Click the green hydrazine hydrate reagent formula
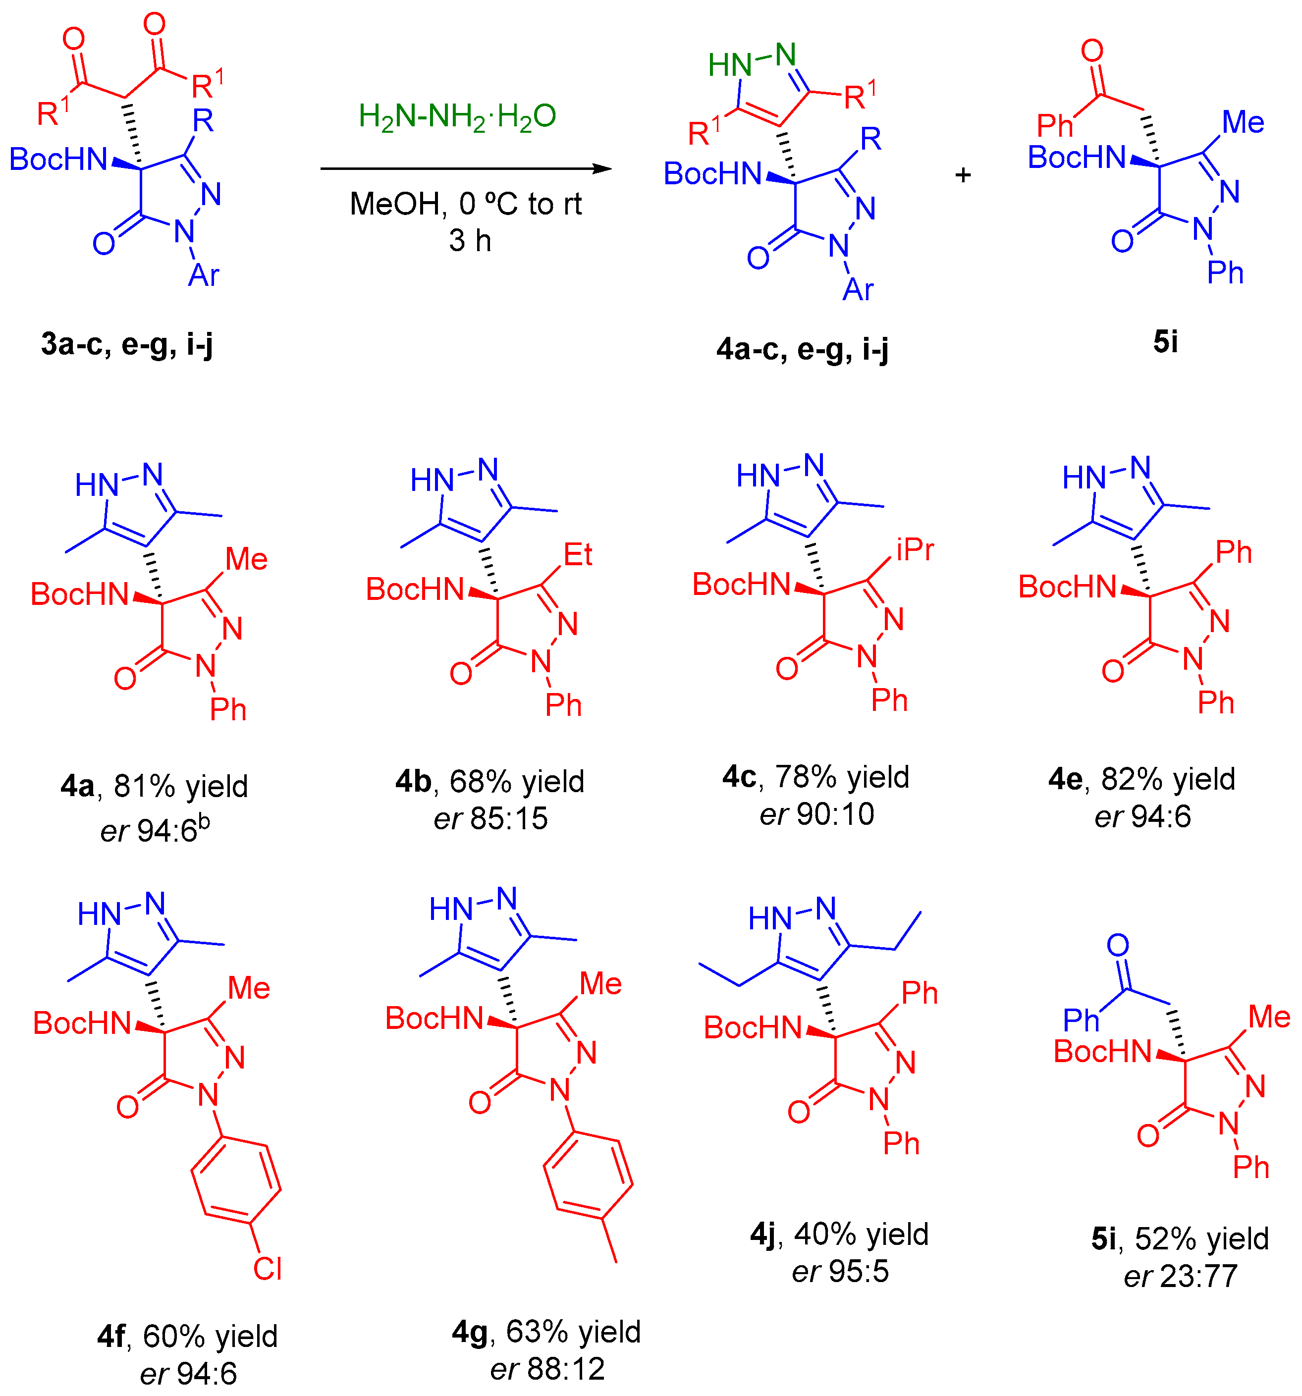coord(457,116)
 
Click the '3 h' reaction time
coord(470,241)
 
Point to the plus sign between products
coord(963,174)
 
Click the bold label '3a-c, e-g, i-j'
coord(127,344)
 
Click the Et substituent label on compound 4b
coord(578,555)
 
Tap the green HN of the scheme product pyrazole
coord(730,65)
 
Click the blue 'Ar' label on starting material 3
coord(204,275)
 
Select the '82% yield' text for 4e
coord(1168,779)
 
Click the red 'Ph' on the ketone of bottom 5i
coord(1080,1020)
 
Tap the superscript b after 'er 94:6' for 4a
coord(204,821)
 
